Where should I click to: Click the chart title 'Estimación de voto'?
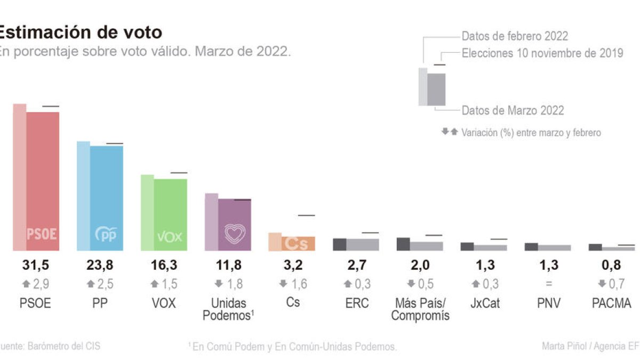tap(80, 32)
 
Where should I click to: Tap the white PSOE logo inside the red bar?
tap(42, 234)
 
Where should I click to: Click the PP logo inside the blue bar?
tap(106, 234)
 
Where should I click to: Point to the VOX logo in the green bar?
tap(170, 236)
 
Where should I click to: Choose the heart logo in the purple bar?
tap(234, 234)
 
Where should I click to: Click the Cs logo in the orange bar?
tap(298, 243)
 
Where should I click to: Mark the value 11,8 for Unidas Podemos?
tap(228, 265)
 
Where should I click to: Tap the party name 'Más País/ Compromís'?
tap(420, 309)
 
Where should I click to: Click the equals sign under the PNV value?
tap(548, 284)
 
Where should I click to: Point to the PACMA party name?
tap(612, 303)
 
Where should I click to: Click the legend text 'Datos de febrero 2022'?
tap(515, 36)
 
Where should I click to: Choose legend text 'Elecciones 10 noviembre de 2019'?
tap(542, 53)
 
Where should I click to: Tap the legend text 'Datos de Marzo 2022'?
tap(513, 110)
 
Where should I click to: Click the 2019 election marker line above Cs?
tap(307, 215)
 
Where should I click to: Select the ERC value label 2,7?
tap(356, 265)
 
